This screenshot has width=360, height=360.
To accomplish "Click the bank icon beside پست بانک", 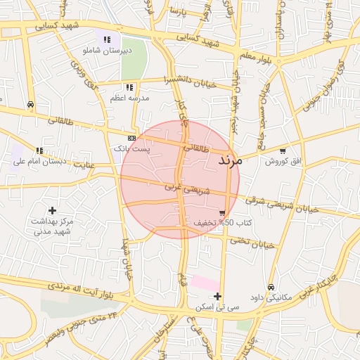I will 131,138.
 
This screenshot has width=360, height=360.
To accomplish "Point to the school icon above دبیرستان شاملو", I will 107,40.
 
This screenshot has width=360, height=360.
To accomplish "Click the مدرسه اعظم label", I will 129,98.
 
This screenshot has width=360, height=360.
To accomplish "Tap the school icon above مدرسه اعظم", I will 129,87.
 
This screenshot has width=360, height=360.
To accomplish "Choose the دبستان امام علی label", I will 39,161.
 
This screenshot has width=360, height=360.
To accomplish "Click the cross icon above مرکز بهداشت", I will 52,210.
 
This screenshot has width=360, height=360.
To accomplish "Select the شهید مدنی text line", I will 53,231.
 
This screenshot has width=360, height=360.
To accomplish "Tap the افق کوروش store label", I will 283,161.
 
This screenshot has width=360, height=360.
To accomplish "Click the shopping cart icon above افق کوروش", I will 283,150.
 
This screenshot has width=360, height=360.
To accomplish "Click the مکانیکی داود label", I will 271,297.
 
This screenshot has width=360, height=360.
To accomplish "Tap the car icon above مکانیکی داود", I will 271,286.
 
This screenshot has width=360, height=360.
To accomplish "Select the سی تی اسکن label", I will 219,307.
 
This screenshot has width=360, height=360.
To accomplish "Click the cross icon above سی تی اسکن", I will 218,296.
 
